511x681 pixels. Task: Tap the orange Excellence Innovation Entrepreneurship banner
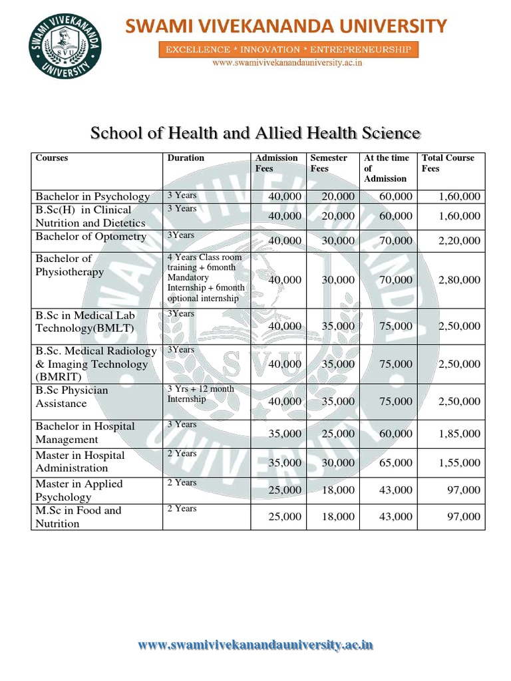288,50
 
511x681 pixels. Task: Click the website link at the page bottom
255,644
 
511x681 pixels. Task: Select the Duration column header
186,158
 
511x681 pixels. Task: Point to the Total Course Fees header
448,163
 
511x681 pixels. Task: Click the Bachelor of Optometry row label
90,237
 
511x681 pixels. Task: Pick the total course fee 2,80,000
459,280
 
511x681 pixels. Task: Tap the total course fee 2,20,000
459,241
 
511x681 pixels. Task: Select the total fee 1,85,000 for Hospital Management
459,434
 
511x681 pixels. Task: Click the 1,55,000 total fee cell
459,462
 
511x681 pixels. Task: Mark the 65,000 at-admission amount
395,462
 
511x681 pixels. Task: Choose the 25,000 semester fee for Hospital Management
338,434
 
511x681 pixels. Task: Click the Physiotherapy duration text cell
206,278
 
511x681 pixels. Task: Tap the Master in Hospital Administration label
80,462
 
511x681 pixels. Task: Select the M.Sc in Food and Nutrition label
78,517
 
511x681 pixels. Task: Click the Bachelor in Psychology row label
92,197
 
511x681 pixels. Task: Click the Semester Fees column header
329,163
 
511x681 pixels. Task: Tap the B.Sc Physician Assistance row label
71,397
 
